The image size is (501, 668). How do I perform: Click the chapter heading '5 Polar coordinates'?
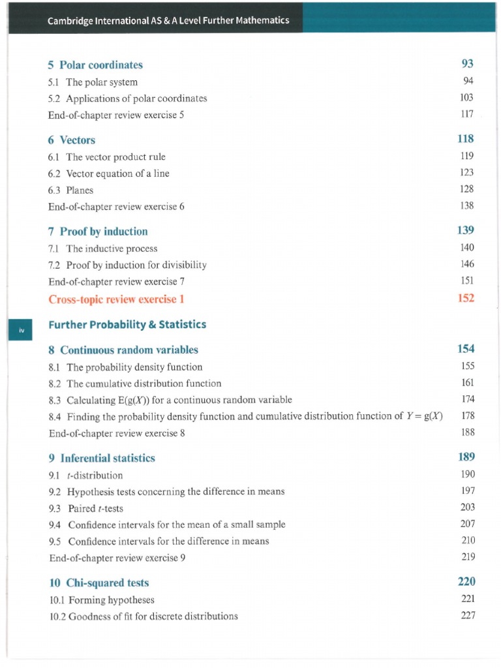pyautogui.click(x=95, y=65)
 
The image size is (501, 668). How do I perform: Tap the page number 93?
pyautogui.click(x=466, y=63)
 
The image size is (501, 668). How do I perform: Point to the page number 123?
pyautogui.click(x=466, y=172)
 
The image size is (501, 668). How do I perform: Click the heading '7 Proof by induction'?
pyautogui.click(x=98, y=232)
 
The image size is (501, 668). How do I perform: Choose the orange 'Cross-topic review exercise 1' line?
pyautogui.click(x=116, y=299)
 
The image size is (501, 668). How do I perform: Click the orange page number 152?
pyautogui.click(x=466, y=297)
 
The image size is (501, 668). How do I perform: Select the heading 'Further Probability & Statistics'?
pyautogui.click(x=127, y=324)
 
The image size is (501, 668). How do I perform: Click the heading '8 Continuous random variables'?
pyautogui.click(x=123, y=350)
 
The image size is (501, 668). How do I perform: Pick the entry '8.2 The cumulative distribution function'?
pyautogui.click(x=135, y=384)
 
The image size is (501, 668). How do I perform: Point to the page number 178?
pyautogui.click(x=467, y=415)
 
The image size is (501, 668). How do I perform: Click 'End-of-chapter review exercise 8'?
pyautogui.click(x=117, y=433)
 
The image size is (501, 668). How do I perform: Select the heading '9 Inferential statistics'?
pyautogui.click(x=102, y=458)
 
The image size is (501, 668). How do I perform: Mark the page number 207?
pyautogui.click(x=467, y=523)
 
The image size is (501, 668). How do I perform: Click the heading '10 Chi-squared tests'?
pyautogui.click(x=99, y=583)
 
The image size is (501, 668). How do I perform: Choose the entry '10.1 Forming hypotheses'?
pyautogui.click(x=102, y=600)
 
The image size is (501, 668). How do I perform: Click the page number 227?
pyautogui.click(x=467, y=615)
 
